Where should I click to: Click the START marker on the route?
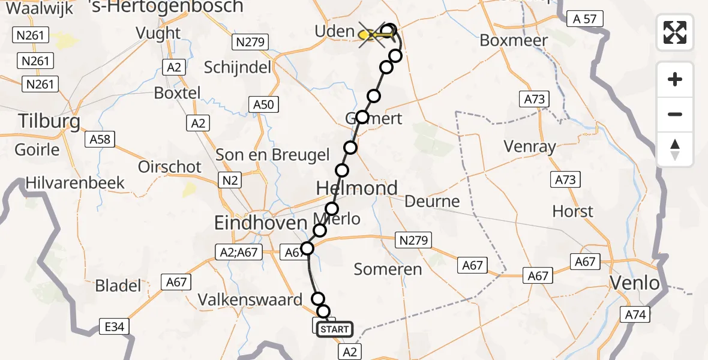(334, 329)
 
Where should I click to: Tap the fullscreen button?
(675, 32)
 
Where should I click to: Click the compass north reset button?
(675, 149)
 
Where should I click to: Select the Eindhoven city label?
(261, 223)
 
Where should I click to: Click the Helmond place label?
(357, 188)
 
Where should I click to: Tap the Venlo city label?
(634, 283)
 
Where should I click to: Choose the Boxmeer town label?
(514, 41)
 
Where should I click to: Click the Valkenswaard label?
(251, 299)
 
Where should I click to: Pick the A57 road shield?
(584, 19)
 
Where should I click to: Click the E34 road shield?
(114, 327)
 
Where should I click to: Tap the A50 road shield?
(263, 105)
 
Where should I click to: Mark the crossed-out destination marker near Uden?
(372, 35)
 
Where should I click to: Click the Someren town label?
(388, 269)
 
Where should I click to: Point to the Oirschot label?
(170, 166)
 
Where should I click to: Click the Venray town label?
(530, 146)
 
